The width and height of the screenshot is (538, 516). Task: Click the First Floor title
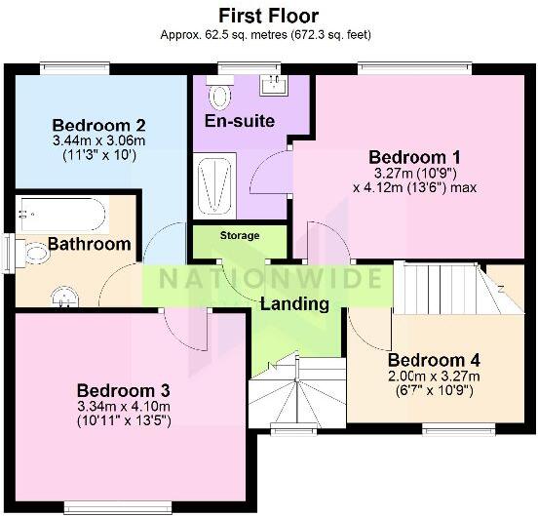[x=267, y=15]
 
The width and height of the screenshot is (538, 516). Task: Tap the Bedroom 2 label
[x=99, y=125]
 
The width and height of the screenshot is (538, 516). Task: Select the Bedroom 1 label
[x=414, y=157]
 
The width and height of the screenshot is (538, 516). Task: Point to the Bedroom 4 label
[x=433, y=360]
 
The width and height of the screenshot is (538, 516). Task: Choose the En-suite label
[x=239, y=121]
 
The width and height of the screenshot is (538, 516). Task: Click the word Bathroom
[x=90, y=243]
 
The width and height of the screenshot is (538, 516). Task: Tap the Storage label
[x=240, y=236]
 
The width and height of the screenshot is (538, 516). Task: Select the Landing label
[x=294, y=303]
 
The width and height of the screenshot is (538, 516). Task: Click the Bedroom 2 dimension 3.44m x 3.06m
[x=99, y=140]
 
